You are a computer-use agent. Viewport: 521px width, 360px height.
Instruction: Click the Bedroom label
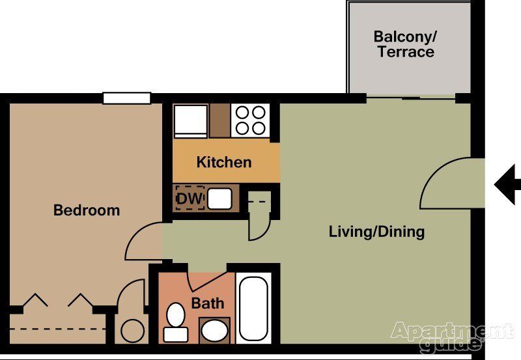pyautogui.click(x=87, y=210)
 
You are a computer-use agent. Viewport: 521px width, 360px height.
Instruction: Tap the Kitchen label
pyautogui.click(x=224, y=162)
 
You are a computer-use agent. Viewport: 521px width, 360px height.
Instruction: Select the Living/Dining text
pyautogui.click(x=376, y=231)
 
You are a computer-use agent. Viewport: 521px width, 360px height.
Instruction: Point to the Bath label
pyautogui.click(x=208, y=303)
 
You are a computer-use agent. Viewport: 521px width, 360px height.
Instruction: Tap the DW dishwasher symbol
pyautogui.click(x=190, y=197)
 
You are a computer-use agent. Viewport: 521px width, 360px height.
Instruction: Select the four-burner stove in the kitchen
pyautogui.click(x=251, y=120)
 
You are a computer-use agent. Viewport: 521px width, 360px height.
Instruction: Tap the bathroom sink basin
pyautogui.click(x=214, y=331)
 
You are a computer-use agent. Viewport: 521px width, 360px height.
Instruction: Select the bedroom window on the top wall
pyautogui.click(x=127, y=98)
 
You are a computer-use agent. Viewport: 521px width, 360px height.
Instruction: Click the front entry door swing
pyautogui.click(x=444, y=186)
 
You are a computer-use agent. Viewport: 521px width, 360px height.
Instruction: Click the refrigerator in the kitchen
pyautogui.click(x=191, y=120)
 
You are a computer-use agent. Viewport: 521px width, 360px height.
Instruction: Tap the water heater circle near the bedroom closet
pyautogui.click(x=133, y=330)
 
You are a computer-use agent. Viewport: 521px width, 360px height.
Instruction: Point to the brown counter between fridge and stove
pyautogui.click(x=220, y=120)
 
